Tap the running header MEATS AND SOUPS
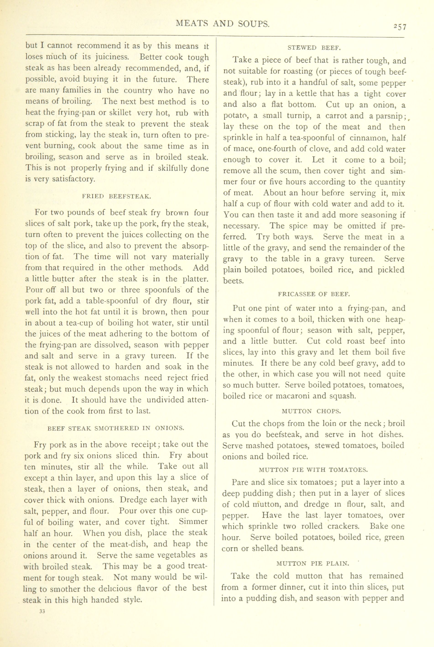click(223, 24)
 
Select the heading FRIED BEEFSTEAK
click(117, 197)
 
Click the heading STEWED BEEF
click(314, 48)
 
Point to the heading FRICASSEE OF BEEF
click(314, 294)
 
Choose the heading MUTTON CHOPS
click(311, 411)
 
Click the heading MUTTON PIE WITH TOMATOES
click(313, 470)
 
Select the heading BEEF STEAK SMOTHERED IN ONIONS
click(116, 428)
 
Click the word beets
click(233, 281)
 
